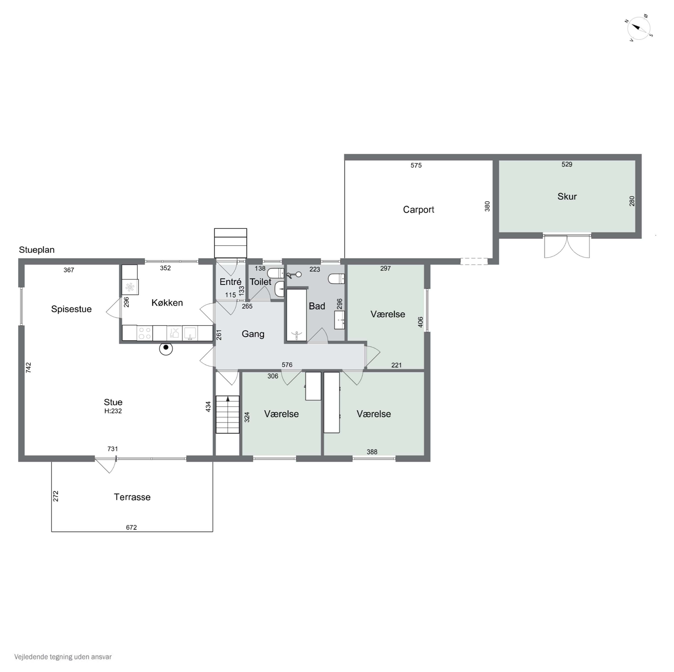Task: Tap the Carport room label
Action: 418,209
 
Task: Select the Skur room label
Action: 567,197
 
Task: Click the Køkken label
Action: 167,303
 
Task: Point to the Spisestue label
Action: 71,309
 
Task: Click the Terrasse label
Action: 132,497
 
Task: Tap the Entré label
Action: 230,282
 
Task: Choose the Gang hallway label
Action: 253,334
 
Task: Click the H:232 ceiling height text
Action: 113,411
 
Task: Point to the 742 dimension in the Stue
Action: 29,367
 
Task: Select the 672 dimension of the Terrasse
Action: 131,527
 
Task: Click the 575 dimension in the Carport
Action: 416,165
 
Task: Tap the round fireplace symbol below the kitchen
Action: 166,348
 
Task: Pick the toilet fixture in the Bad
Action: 336,279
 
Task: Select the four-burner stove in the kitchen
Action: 145,333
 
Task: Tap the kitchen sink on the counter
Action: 190,333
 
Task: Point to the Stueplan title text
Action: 37,250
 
